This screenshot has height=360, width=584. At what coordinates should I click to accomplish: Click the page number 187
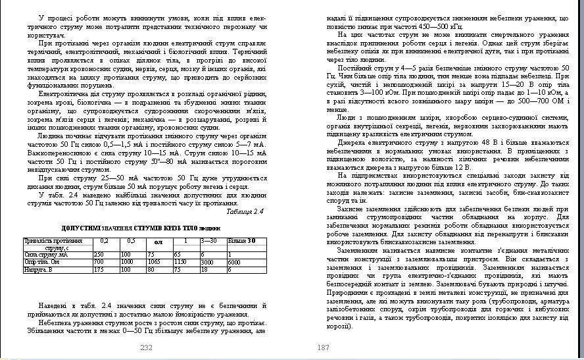tap(322, 347)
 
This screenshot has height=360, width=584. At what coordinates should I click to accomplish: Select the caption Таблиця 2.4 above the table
tap(245, 211)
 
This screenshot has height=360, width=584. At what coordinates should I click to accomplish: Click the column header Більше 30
tap(241, 240)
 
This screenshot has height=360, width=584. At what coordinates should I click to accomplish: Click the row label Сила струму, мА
tap(41, 254)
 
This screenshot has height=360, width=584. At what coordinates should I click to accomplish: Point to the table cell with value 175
tap(99, 269)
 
